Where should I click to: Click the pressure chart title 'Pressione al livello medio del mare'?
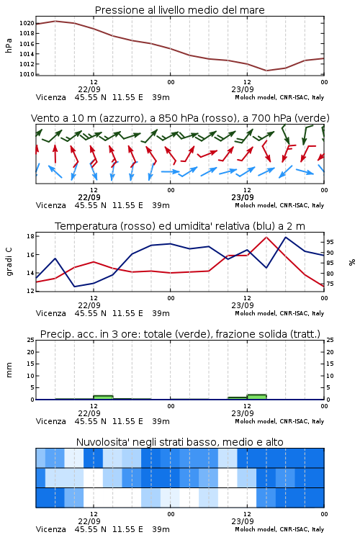point(179,10)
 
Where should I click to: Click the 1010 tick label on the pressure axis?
point(27,74)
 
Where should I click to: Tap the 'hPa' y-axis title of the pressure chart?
point(9,46)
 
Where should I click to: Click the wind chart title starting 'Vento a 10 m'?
point(180,118)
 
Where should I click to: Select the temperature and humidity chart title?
point(180,226)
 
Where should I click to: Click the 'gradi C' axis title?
point(9,261)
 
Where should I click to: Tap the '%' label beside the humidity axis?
point(352,262)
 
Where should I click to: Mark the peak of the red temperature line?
point(266,237)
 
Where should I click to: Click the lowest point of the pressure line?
point(266,71)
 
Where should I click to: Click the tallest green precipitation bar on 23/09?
point(256,397)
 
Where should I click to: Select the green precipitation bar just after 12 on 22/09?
point(103,397)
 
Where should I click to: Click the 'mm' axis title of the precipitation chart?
point(9,370)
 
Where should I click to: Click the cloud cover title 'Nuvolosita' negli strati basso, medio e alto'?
point(179,442)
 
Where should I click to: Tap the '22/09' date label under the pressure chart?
point(89,89)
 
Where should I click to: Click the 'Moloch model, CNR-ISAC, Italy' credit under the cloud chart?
point(279,529)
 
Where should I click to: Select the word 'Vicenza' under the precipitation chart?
point(50,421)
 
